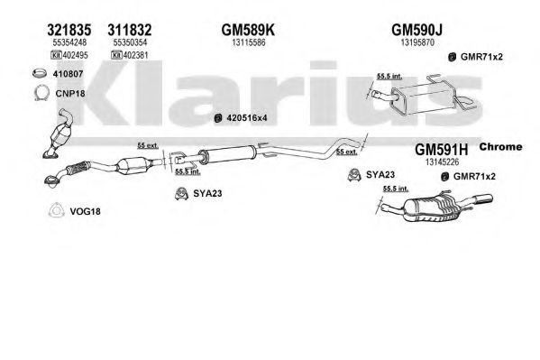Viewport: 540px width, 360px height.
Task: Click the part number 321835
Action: click(69, 30)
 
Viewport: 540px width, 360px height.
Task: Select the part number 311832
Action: click(130, 30)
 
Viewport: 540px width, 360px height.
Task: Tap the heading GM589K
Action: click(248, 30)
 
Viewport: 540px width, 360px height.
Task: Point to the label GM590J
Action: click(416, 30)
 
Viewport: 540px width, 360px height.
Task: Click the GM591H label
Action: click(442, 150)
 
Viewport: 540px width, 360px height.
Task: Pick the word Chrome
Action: click(500, 146)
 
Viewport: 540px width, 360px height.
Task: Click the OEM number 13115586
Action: click(248, 42)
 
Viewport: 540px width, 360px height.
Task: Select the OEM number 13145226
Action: click(443, 162)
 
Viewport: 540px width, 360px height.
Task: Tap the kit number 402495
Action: click(75, 55)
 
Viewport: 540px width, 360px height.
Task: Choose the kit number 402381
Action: click(136, 55)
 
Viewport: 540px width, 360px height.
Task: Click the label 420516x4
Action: click(247, 118)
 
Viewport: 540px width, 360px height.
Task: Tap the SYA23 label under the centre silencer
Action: click(207, 193)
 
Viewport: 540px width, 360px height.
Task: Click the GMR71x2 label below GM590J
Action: click(481, 57)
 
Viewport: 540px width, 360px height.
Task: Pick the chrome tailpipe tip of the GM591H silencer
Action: click(483, 199)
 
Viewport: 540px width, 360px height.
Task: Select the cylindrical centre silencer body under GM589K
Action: click(228, 154)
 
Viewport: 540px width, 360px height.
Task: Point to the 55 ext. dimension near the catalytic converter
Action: click(148, 145)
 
